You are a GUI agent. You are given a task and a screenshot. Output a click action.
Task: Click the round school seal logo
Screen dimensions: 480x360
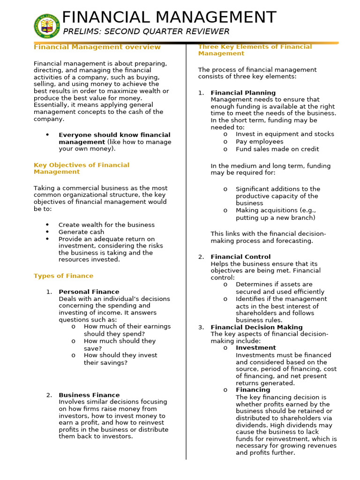pyautogui.click(x=47, y=26)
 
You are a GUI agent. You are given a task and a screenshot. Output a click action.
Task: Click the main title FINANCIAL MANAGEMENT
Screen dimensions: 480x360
pyautogui.click(x=169, y=17)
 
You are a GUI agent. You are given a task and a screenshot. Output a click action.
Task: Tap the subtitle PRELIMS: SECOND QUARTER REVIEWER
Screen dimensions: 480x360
pyautogui.click(x=146, y=31)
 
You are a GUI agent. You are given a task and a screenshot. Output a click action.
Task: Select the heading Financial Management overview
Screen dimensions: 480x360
pyautogui.click(x=97, y=47)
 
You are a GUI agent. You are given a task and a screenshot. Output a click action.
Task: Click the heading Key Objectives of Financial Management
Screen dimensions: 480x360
pyautogui.click(x=82, y=168)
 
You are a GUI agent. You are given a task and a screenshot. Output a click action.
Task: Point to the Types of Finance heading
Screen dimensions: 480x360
pyautogui.click(x=63, y=276)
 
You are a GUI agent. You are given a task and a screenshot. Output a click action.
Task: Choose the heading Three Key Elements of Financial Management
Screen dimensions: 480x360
pyautogui.click(x=255, y=50)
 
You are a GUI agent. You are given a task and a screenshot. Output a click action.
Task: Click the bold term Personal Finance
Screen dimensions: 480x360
pyautogui.click(x=89, y=292)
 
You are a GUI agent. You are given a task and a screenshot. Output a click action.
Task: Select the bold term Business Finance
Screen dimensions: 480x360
pyautogui.click(x=89, y=395)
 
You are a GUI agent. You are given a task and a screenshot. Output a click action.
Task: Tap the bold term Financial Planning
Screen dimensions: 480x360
pyautogui.click(x=243, y=93)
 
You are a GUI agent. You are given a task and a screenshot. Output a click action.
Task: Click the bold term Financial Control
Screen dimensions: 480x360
pyautogui.click(x=240, y=257)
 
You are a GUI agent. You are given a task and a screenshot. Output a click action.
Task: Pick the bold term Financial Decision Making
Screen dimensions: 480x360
pyautogui.click(x=256, y=327)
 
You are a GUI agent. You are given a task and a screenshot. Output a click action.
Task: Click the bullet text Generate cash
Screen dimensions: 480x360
pyautogui.click(x=81, y=232)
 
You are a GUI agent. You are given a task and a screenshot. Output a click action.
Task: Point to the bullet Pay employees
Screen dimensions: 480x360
pyautogui.click(x=259, y=142)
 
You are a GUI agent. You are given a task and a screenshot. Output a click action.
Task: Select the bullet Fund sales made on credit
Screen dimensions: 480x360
pyautogui.click(x=277, y=149)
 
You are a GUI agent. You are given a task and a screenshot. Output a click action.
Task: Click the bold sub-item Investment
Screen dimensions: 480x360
pyautogui.click(x=255, y=348)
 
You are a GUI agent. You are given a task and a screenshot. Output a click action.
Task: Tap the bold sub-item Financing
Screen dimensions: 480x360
pyautogui.click(x=253, y=390)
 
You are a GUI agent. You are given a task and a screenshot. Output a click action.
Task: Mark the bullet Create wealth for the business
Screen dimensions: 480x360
pyautogui.click(x=106, y=225)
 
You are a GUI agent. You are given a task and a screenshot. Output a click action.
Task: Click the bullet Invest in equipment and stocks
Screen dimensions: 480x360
pyautogui.click(x=285, y=134)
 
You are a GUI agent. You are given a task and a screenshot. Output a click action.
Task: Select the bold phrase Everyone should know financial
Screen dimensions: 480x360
pyautogui.click(x=114, y=135)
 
